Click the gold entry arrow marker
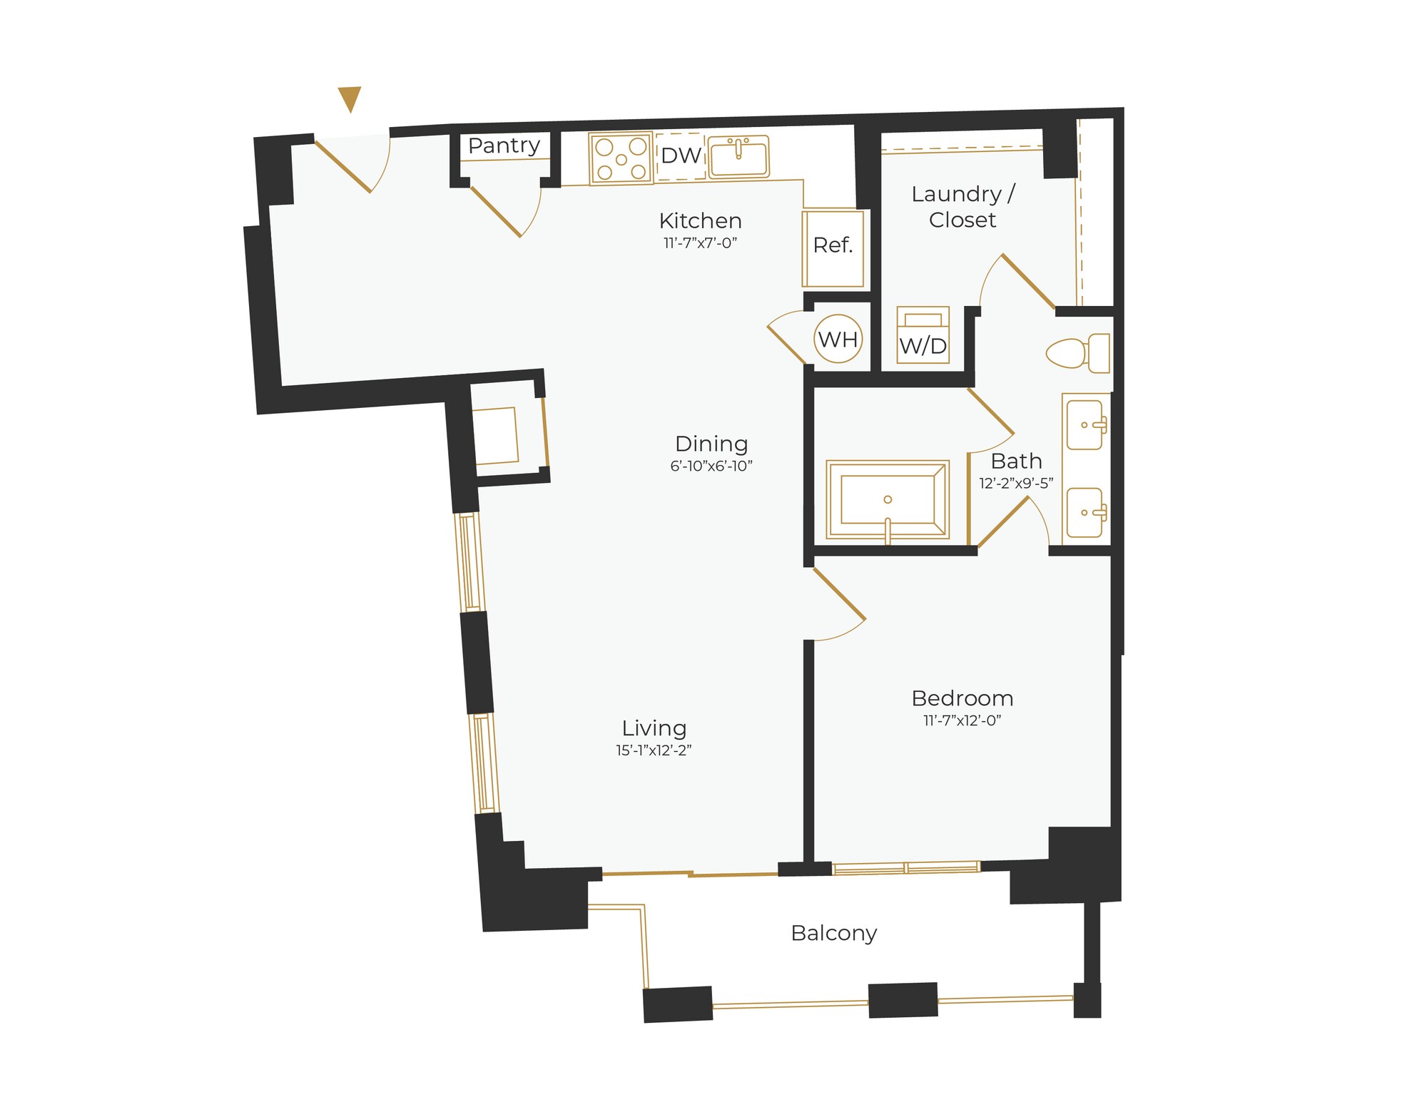point(350,98)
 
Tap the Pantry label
point(504,146)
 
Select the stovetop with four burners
point(621,158)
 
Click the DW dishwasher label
point(681,155)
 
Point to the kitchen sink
point(738,156)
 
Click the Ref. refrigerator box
point(833,247)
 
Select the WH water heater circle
point(838,339)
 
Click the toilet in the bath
point(1078,352)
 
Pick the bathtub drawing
point(888,499)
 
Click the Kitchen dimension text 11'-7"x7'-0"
point(700,243)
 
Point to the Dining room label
point(711,444)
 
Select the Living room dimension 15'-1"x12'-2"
point(654,750)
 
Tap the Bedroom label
point(962,698)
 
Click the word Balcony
point(833,933)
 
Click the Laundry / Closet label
point(963,207)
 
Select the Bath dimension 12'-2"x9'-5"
point(1016,484)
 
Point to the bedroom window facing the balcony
point(906,868)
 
